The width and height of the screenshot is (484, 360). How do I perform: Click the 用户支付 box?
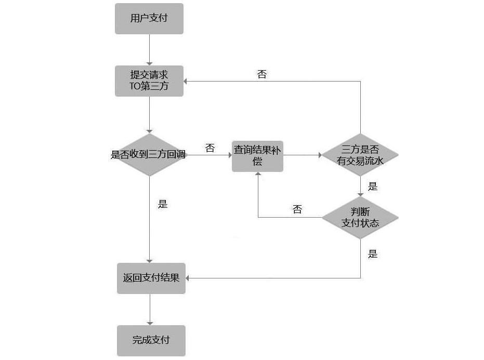(149, 19)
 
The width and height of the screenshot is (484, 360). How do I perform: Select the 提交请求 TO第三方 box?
(149, 81)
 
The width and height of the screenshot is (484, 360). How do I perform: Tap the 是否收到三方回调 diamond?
(149, 154)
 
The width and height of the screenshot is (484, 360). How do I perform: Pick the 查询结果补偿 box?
(257, 155)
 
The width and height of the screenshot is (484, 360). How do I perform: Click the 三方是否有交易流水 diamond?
(360, 155)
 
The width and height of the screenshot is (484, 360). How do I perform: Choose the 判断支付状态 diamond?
(360, 217)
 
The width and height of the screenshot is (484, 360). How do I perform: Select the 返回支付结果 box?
(151, 278)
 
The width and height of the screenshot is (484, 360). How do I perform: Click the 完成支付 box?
(151, 341)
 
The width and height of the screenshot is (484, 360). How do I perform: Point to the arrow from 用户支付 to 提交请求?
(149, 49)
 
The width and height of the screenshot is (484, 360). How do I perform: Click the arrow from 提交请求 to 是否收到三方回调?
(149, 114)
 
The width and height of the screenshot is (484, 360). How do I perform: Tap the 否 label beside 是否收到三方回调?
(210, 149)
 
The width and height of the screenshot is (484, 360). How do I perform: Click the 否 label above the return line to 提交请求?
(262, 74)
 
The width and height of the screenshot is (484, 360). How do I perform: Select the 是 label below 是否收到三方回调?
(163, 204)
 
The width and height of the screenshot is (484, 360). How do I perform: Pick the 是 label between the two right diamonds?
(372, 186)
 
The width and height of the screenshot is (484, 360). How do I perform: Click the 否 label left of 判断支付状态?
(297, 209)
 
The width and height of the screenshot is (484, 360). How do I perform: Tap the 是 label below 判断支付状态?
(372, 254)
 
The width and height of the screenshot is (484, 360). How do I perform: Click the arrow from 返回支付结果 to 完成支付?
(150, 310)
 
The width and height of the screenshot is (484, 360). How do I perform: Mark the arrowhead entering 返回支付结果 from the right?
(188, 278)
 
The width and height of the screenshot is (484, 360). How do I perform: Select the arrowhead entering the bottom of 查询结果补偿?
(258, 175)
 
